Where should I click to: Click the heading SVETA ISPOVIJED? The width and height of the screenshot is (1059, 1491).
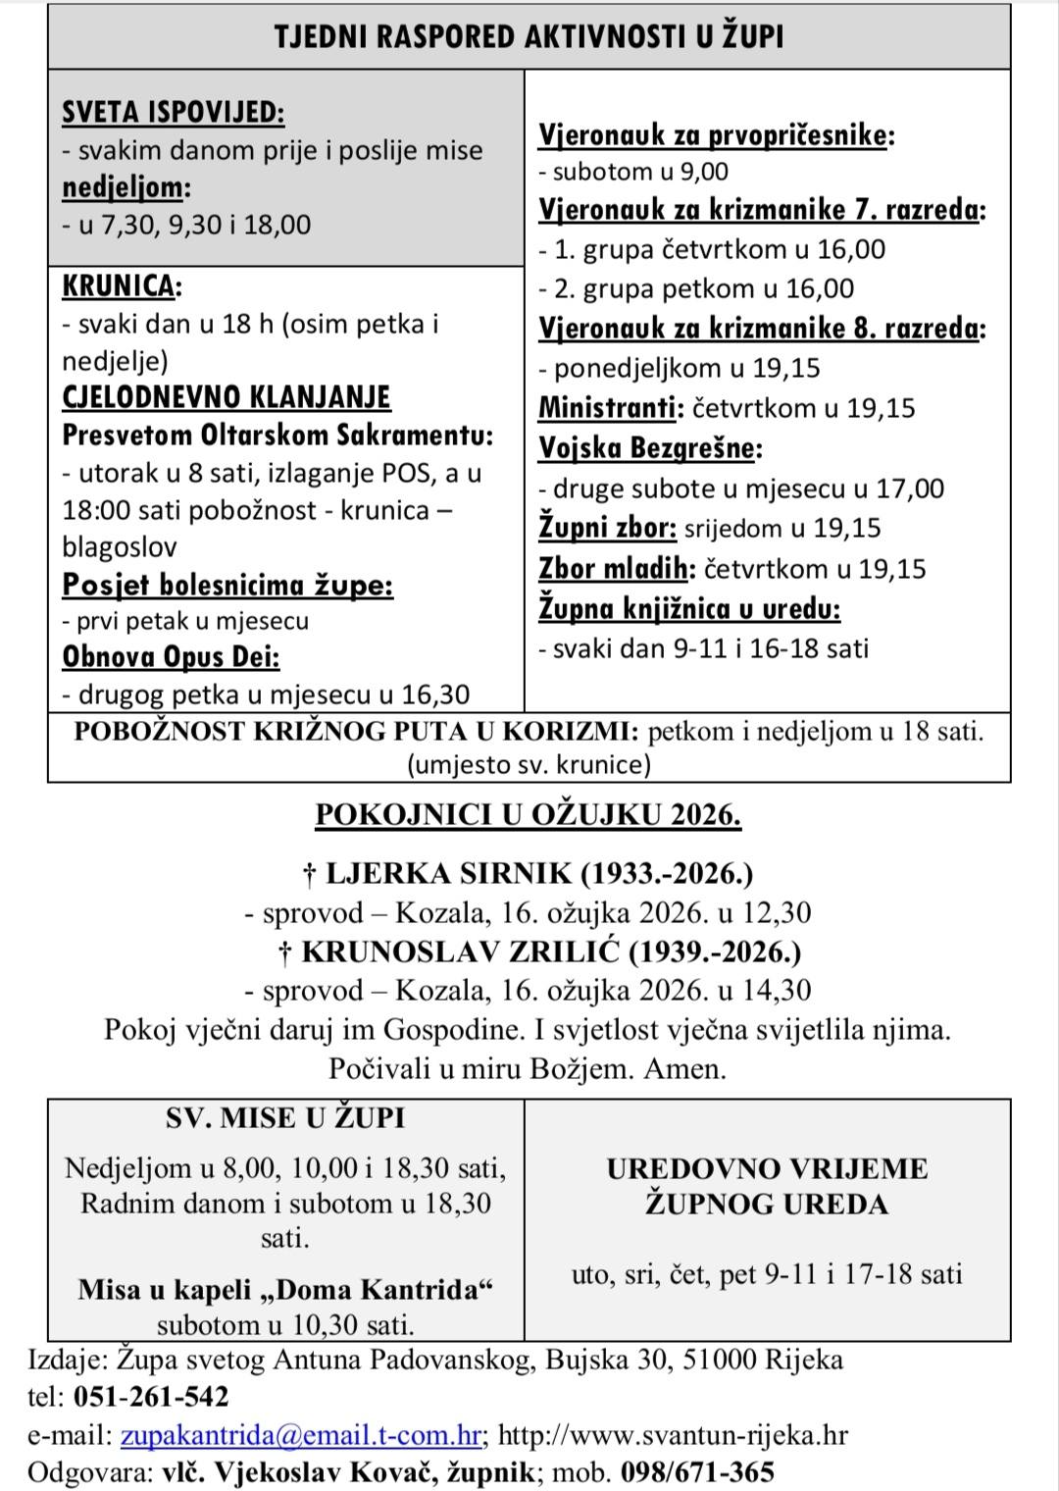click(x=173, y=113)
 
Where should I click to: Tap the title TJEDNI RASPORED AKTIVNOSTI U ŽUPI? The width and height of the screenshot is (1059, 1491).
click(x=529, y=37)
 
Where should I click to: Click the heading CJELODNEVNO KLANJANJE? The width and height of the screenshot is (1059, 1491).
click(x=226, y=397)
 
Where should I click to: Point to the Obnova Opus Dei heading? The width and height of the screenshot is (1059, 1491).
click(x=171, y=656)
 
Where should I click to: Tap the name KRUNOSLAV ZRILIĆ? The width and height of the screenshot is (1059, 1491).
click(x=460, y=951)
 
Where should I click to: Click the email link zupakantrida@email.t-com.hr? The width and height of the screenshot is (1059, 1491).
click(x=301, y=1435)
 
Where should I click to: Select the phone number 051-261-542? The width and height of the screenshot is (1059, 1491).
click(x=151, y=1396)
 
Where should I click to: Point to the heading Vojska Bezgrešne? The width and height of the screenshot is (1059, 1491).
click(x=648, y=448)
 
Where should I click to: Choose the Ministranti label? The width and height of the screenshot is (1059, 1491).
click(x=609, y=408)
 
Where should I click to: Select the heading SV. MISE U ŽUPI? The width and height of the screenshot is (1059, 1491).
click(x=285, y=1117)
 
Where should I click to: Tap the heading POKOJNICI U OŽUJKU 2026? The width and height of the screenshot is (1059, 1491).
click(x=528, y=815)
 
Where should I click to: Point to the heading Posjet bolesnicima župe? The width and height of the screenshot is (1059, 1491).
click(x=227, y=586)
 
